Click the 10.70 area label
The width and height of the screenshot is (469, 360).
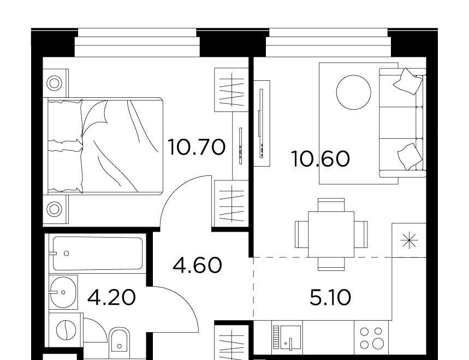(x=197, y=147)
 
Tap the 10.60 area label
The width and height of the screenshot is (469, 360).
(x=320, y=158)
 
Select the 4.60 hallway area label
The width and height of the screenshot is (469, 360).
(x=198, y=265)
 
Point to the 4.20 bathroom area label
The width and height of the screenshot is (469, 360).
(x=112, y=297)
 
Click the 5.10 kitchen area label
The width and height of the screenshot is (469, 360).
(x=330, y=298)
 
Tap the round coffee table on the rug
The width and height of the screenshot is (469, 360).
(x=354, y=92)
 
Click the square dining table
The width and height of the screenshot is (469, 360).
(x=331, y=234)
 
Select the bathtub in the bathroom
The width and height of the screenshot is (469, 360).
(x=98, y=253)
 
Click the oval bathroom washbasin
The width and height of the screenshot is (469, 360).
(x=63, y=292)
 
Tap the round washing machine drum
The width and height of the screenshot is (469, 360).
(x=66, y=330)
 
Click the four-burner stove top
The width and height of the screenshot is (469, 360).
(x=371, y=338)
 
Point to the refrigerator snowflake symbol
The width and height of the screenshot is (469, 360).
(x=409, y=240)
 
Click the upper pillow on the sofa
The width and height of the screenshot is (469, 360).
(x=408, y=81)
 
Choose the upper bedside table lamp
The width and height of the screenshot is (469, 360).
(x=55, y=83)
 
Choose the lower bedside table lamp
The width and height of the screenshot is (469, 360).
(x=55, y=209)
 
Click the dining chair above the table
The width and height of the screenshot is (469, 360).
(x=331, y=205)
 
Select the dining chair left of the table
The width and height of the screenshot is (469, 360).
(x=301, y=234)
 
